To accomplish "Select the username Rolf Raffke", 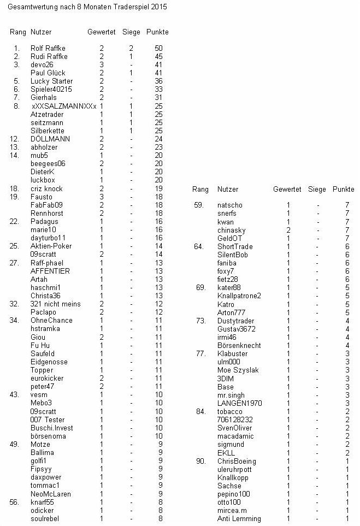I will point(48,49).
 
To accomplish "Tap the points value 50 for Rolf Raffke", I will point(159,49).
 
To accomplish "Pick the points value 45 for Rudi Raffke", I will point(159,57).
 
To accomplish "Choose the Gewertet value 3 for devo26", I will point(102,65).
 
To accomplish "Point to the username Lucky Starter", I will point(51,81).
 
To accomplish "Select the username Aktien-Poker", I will point(51,246).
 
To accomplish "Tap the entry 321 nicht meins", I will point(55,304).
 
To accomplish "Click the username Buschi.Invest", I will point(52,428).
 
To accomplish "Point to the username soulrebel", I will point(45,518).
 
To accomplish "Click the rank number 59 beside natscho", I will point(199,205).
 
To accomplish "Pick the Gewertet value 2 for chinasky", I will point(288,231).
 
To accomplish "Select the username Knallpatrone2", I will point(239,296).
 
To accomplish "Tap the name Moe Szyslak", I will point(238,370).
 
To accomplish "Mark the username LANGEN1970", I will point(239,403).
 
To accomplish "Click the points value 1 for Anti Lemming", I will point(346,518).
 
